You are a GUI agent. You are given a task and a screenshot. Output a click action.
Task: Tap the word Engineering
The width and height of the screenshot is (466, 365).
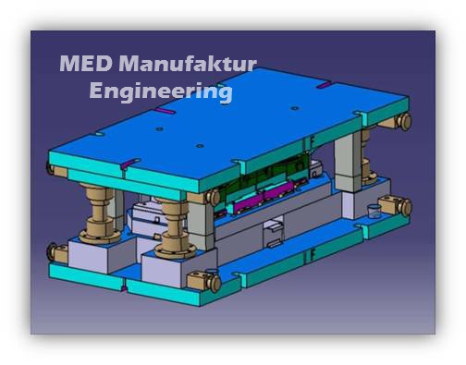click(160, 91)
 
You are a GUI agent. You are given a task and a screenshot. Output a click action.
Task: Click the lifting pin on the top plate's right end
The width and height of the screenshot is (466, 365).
click(403, 122)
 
